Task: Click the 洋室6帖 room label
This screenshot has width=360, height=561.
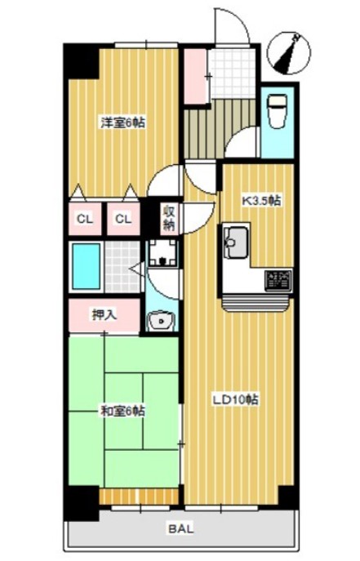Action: click(122, 123)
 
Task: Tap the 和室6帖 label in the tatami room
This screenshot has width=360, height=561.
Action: click(122, 411)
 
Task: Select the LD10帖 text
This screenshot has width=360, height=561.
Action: click(236, 399)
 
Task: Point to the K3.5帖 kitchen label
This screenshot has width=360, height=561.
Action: click(261, 201)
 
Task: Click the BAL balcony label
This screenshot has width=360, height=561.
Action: click(181, 528)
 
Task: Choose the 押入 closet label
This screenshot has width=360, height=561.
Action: click(104, 315)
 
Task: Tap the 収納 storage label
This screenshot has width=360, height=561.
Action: click(170, 218)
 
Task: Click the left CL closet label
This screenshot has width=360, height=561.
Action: click(85, 219)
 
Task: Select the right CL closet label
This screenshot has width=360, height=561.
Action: click(123, 219)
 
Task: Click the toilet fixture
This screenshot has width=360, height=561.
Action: click(278, 111)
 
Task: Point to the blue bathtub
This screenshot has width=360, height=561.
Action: click(87, 266)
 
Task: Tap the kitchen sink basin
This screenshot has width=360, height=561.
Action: click(235, 243)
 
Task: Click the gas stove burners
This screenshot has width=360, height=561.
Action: click(278, 279)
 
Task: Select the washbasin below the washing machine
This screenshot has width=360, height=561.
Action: click(162, 320)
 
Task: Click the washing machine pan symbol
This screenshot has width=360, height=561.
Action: click(163, 252)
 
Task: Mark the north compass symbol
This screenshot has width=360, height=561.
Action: click(288, 53)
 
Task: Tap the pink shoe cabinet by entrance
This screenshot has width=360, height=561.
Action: click(196, 76)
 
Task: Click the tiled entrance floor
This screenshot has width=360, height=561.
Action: click(232, 73)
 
